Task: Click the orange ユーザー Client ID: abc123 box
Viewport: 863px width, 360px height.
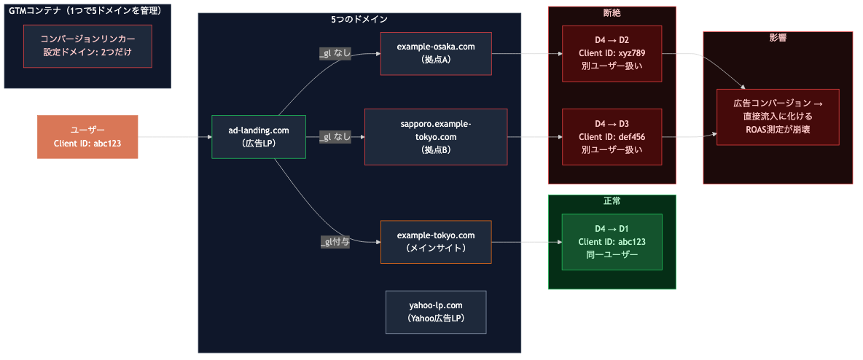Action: (x=87, y=137)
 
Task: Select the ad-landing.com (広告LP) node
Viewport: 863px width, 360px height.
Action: (x=258, y=137)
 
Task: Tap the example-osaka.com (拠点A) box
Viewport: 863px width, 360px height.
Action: (x=436, y=53)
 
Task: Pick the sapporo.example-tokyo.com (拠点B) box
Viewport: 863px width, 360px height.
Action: (x=436, y=137)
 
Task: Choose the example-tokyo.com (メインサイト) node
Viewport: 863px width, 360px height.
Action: (x=436, y=242)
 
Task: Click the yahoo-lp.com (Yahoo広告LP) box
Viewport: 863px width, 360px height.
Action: (x=436, y=312)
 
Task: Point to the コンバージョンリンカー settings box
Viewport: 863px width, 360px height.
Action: (x=87, y=47)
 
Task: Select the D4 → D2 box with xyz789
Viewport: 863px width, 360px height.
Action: (x=612, y=53)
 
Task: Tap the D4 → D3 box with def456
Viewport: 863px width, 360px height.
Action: (x=612, y=137)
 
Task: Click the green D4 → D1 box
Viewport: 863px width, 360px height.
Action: (x=612, y=242)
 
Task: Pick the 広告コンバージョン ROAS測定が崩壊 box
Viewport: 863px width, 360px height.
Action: (x=778, y=117)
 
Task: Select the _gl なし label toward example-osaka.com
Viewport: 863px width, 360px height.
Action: (x=335, y=54)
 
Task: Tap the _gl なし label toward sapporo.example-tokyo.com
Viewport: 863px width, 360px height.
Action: (x=335, y=137)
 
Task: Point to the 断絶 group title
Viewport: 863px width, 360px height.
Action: (x=612, y=13)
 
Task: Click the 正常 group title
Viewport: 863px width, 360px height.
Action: (x=612, y=201)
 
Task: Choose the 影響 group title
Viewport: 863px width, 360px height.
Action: (x=778, y=38)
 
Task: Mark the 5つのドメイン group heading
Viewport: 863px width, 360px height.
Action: (x=359, y=19)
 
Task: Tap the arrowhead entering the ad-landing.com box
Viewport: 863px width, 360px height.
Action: (x=208, y=137)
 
